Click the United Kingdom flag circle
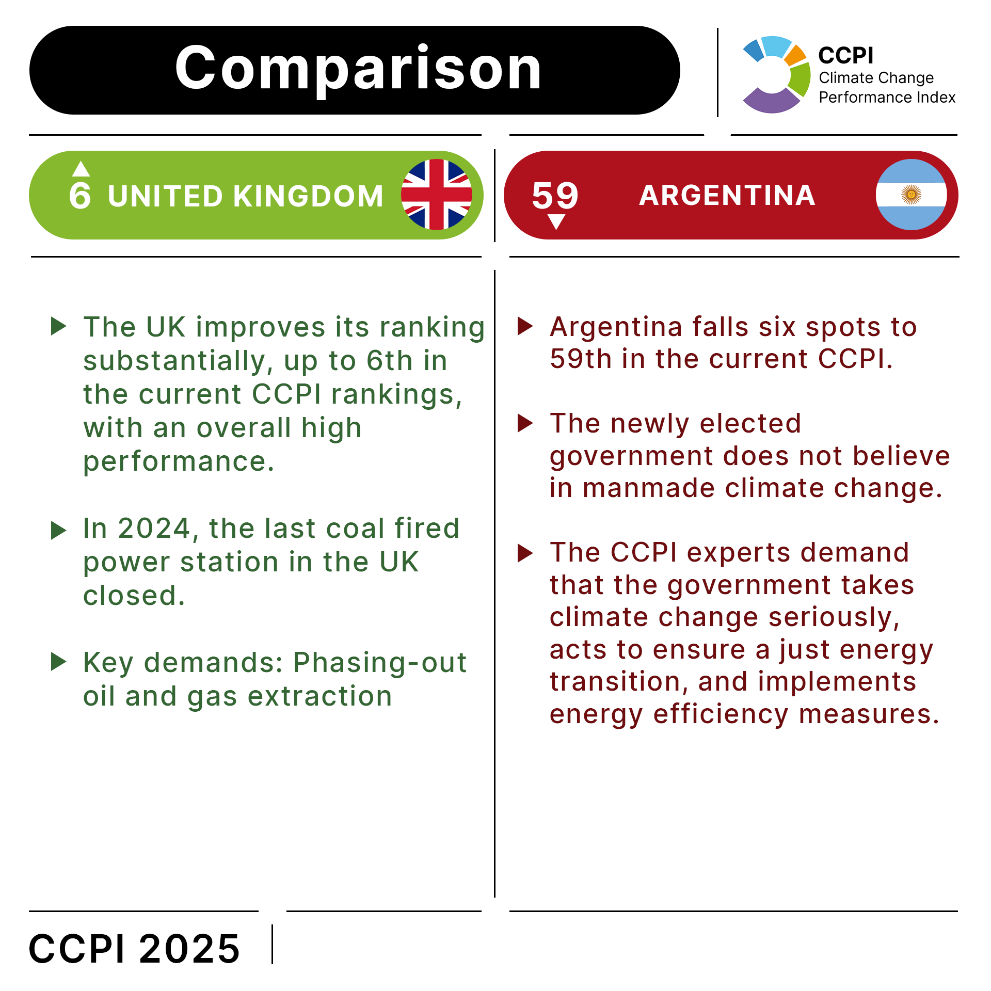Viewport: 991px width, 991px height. click(437, 195)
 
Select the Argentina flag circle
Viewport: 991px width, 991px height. click(912, 195)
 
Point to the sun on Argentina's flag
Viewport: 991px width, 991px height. click(912, 195)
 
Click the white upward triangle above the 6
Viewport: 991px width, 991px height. click(81, 168)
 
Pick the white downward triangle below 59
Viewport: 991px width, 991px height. click(556, 222)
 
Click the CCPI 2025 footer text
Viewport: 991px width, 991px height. click(134, 949)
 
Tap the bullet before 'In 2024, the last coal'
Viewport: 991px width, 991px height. click(59, 530)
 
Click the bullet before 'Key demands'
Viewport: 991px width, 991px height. click(59, 662)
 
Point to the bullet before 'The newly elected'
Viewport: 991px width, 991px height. click(525, 423)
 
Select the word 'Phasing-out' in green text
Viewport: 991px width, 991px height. click(380, 663)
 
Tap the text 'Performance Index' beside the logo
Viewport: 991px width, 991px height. click(887, 97)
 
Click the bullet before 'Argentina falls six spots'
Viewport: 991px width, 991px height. click(525, 326)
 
